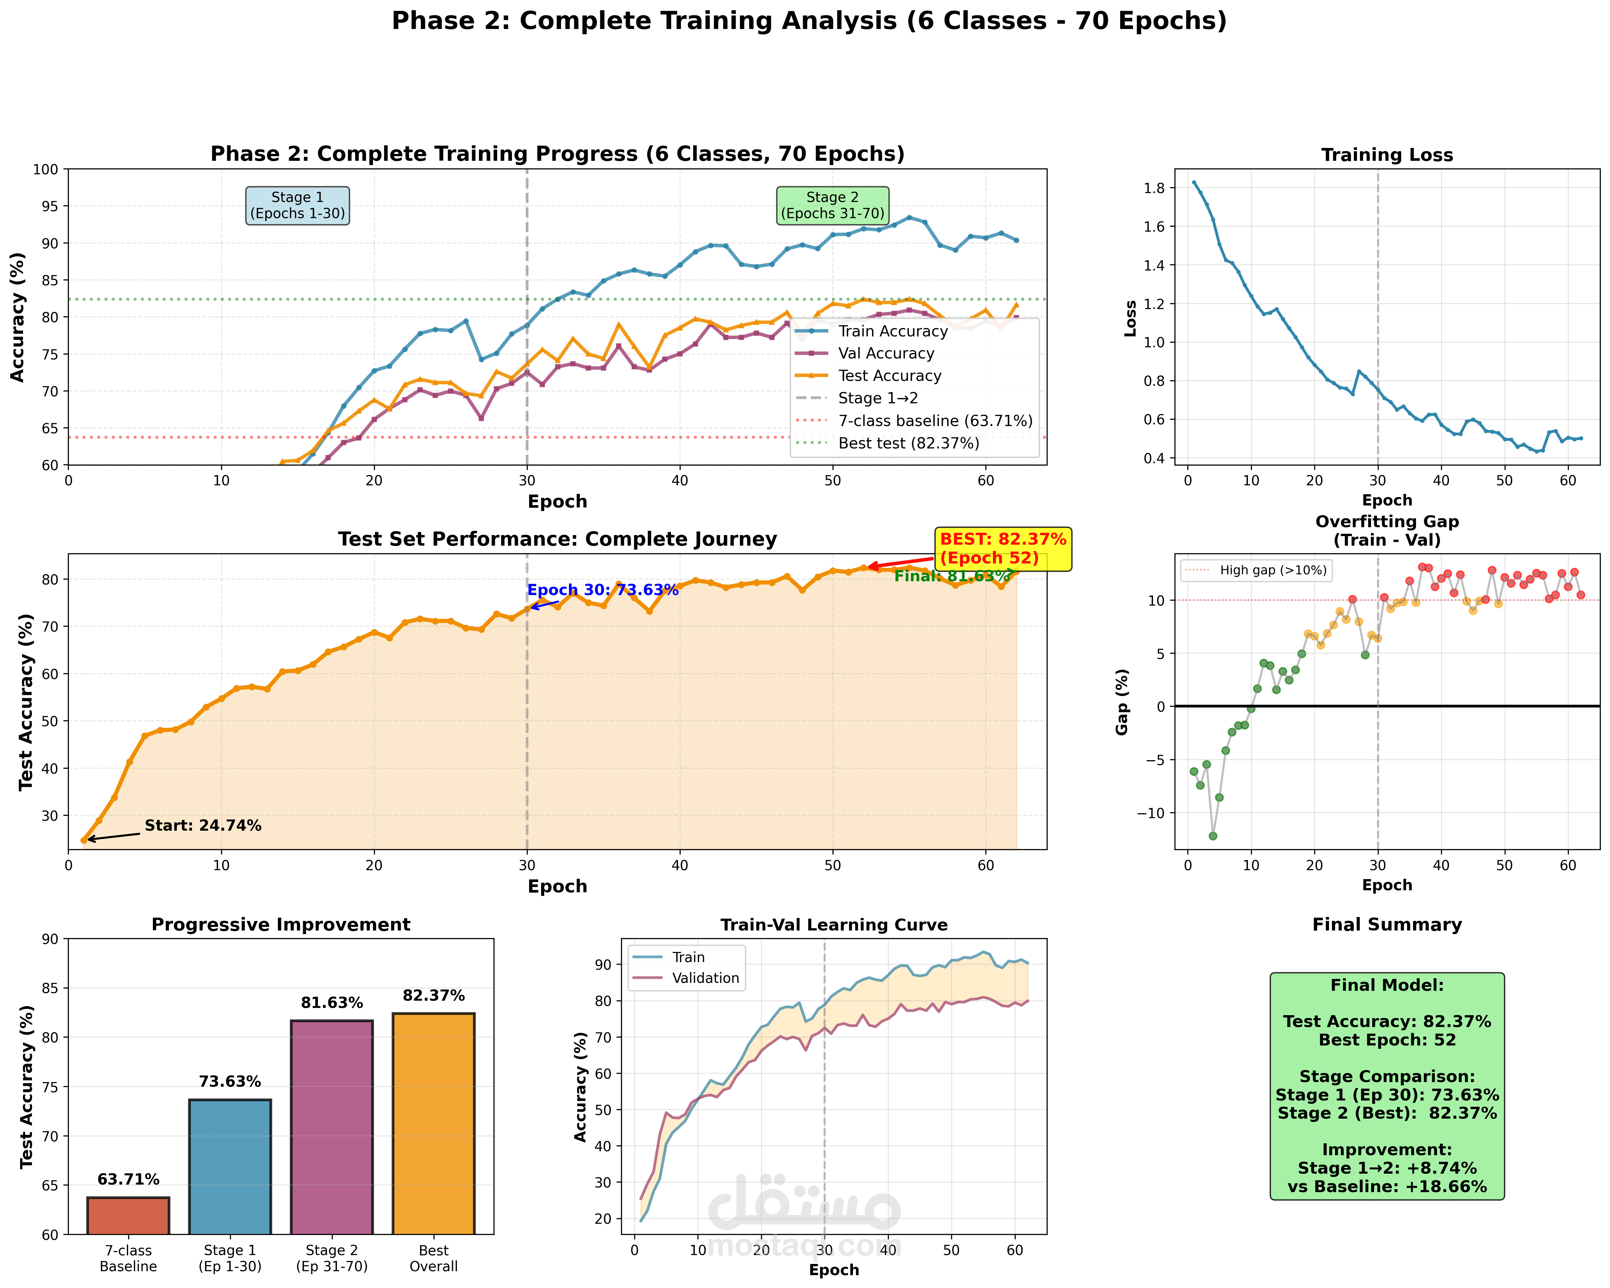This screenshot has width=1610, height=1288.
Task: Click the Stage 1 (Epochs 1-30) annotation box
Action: (x=297, y=205)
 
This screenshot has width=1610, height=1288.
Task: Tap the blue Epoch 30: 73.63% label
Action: (x=603, y=590)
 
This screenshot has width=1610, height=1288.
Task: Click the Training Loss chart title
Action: (x=1387, y=155)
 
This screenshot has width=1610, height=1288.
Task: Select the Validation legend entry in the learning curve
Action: (x=705, y=978)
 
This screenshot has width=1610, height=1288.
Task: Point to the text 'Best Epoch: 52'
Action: (x=1387, y=1040)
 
